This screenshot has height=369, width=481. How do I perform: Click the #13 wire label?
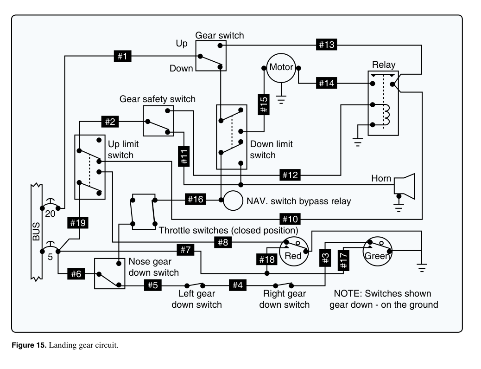(326, 45)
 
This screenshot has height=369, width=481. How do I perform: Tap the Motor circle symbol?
(281, 68)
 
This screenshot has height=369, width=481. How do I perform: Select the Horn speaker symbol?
(405, 186)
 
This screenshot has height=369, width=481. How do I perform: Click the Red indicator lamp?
(294, 251)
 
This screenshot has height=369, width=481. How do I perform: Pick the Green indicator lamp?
(377, 251)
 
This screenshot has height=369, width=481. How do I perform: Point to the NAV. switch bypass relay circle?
(233, 201)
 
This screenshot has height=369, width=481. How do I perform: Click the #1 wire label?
(122, 56)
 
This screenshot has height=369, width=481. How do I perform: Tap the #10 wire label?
(290, 219)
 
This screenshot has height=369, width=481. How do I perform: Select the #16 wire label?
(196, 200)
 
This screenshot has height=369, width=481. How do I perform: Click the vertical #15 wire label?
(264, 104)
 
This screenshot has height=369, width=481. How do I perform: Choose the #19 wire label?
(78, 223)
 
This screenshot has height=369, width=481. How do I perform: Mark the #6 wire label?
(76, 274)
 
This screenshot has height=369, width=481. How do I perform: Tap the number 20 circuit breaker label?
(50, 214)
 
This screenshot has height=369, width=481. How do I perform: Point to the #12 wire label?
(290, 175)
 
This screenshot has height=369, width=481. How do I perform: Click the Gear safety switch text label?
(158, 99)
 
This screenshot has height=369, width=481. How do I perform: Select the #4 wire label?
(238, 285)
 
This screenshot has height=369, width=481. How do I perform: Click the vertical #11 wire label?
(184, 156)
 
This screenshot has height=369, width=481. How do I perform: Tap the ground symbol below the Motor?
(281, 99)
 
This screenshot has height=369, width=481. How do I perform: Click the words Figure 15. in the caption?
(29, 345)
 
